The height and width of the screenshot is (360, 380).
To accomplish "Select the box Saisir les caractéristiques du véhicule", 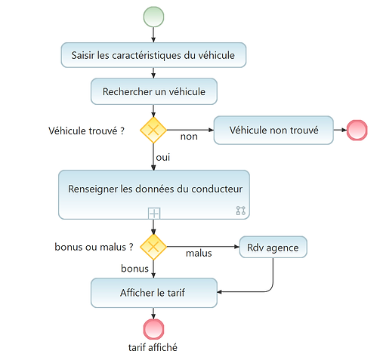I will [x=153, y=55].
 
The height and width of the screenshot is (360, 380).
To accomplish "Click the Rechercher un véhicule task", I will [x=153, y=91].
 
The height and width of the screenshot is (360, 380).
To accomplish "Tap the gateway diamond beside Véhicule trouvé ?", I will [x=153, y=130].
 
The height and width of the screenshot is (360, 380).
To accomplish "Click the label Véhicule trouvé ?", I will [x=85, y=131].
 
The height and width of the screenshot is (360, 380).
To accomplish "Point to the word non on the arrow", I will [x=189, y=137].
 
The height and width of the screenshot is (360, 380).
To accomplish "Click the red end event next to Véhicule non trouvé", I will [x=356, y=130].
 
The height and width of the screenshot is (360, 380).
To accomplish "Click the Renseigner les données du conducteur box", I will [x=153, y=189].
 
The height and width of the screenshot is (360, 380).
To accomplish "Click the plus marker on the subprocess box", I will [x=153, y=213].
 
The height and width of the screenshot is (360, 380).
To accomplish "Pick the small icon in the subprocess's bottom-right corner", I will [x=241, y=211].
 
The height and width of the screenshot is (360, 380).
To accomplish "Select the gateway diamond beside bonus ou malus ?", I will [x=153, y=247].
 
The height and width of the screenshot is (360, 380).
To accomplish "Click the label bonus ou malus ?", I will [x=94, y=247].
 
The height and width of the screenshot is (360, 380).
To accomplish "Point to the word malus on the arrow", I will [x=199, y=254].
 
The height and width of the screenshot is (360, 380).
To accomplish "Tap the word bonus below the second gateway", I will [x=135, y=269].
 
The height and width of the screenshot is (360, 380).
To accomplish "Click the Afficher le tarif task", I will [x=153, y=293].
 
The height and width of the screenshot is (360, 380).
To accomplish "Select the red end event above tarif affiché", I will [x=153, y=328].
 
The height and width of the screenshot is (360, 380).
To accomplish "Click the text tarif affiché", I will [x=153, y=348].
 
